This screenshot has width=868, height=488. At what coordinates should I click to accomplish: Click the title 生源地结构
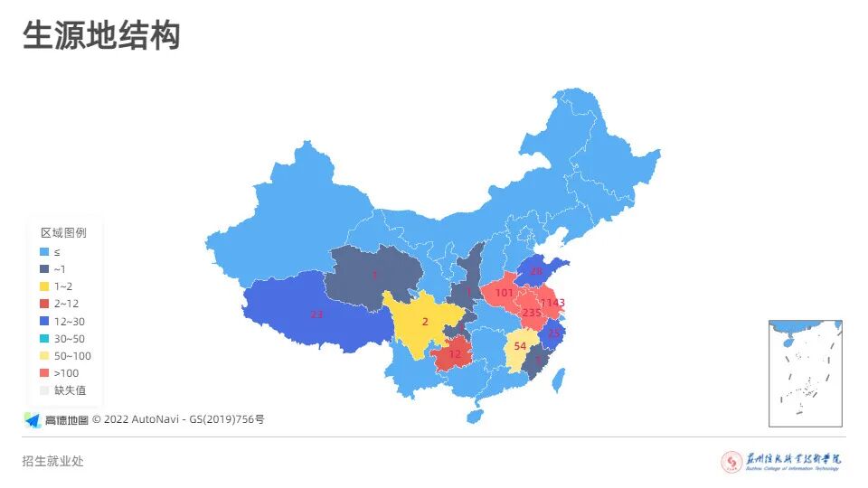101,35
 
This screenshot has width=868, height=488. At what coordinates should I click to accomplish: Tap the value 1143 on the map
552,303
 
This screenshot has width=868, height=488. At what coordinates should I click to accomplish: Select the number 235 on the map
532,313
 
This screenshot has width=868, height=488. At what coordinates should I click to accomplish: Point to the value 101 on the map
504,293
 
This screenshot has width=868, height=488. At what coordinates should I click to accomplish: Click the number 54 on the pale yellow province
519,346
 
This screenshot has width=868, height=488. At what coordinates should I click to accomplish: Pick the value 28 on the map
536,271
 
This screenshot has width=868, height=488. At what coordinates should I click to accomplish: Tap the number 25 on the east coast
554,333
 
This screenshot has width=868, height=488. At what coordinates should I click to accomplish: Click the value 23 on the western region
316,314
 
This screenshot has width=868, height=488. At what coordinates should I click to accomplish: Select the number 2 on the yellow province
425,322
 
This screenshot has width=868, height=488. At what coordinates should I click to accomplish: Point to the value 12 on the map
455,354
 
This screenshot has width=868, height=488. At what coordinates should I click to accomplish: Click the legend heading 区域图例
63,233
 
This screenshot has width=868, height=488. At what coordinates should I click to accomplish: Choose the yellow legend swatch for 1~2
43,286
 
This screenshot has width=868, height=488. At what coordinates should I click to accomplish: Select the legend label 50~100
72,355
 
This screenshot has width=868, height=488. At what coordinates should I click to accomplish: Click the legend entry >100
66,372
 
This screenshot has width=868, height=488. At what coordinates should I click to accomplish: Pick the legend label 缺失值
69,389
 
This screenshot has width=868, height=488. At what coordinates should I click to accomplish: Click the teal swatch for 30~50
43,338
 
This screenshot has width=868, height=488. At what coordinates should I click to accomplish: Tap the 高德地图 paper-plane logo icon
33,419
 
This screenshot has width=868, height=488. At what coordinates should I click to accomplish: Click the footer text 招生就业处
53,461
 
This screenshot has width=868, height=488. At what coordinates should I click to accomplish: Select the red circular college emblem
731,462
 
